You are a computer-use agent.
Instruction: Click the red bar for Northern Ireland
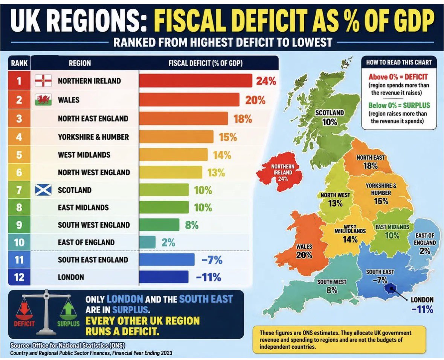[x=196, y=81]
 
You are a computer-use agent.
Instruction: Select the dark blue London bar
[x=164, y=277]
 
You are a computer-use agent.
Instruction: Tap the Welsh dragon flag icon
[x=43, y=100]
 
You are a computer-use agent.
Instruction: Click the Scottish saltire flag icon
[x=43, y=190]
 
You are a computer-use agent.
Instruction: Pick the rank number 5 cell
[x=19, y=155]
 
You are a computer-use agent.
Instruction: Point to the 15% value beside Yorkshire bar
[x=228, y=137]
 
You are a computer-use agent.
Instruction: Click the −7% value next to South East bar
[x=212, y=260]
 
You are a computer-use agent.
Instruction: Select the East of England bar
[x=148, y=242]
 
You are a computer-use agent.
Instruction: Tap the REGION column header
[x=80, y=63]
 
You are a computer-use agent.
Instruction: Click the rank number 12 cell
[x=19, y=277]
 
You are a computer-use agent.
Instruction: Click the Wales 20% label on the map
[x=304, y=251]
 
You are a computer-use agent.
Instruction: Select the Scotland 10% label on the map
[x=330, y=117]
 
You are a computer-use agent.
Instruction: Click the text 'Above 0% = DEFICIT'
[x=398, y=77]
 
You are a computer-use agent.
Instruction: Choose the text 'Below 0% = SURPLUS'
[x=399, y=105]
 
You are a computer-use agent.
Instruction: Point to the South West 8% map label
[x=331, y=286]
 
